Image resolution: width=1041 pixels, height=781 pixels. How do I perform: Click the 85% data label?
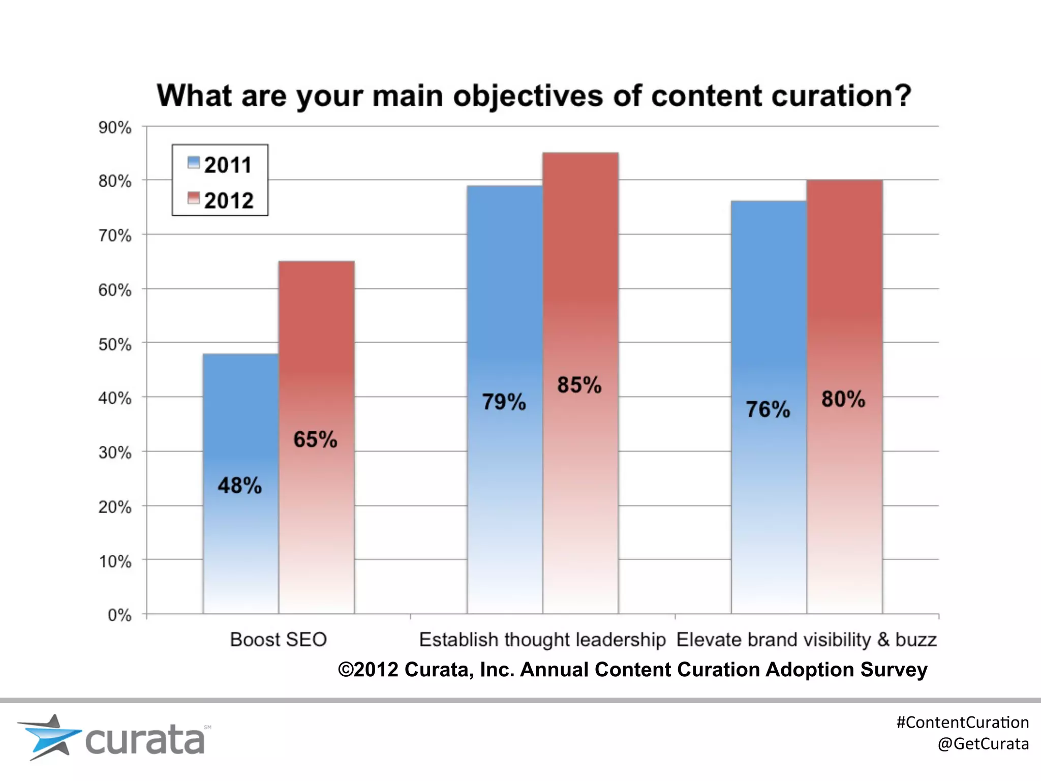click(x=579, y=385)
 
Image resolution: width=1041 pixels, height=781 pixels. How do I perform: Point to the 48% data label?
click(x=239, y=486)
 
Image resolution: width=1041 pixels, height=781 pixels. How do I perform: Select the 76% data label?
click(x=768, y=409)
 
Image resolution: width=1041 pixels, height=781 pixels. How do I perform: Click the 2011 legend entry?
click(x=220, y=165)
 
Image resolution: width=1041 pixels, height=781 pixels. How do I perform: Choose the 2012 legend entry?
click(x=221, y=200)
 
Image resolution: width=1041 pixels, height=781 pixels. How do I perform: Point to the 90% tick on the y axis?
click(x=115, y=127)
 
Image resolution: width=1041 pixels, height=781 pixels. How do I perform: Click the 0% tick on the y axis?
click(x=119, y=615)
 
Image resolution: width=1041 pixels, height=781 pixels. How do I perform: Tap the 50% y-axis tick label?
click(x=115, y=344)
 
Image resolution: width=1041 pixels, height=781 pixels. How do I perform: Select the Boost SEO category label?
click(x=278, y=640)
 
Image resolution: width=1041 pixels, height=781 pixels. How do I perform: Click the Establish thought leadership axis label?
click(x=542, y=640)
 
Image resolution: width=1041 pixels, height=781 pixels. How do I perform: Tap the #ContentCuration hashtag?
click(x=962, y=722)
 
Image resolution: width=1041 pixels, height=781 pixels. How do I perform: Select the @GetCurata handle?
click(x=983, y=744)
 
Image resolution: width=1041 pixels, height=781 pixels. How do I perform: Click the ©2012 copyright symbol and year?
click(x=368, y=670)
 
